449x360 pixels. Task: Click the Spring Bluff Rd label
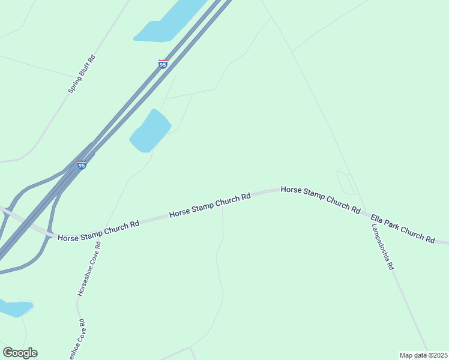pyautogui.click(x=82, y=74)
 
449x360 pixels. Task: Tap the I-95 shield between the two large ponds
pyautogui.click(x=163, y=64)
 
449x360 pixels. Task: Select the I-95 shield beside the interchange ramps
pyautogui.click(x=82, y=164)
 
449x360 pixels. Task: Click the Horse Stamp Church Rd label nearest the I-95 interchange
pyautogui.click(x=99, y=230)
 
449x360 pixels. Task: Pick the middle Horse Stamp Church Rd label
pyautogui.click(x=209, y=206)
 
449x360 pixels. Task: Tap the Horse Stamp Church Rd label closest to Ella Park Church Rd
pyautogui.click(x=321, y=199)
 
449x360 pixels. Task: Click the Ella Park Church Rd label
pyautogui.click(x=402, y=228)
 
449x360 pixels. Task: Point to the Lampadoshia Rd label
pyautogui.click(x=382, y=248)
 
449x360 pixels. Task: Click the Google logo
pyautogui.click(x=20, y=353)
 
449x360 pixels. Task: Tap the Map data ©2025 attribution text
pyautogui.click(x=423, y=355)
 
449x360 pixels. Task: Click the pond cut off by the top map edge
pyautogui.click(x=168, y=24)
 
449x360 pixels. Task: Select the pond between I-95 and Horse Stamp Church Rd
pyautogui.click(x=150, y=131)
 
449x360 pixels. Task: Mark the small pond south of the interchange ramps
pyautogui.click(x=13, y=308)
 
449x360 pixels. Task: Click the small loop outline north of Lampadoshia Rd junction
pyautogui.click(x=346, y=182)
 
